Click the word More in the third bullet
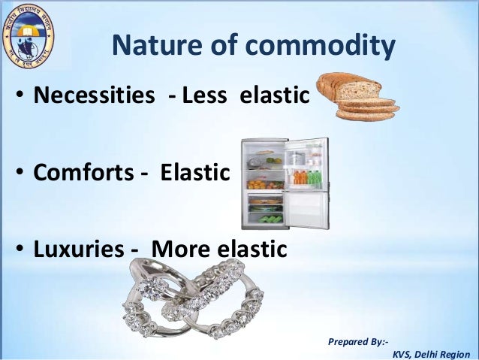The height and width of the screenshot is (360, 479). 184,249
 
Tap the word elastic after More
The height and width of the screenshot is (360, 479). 253,249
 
